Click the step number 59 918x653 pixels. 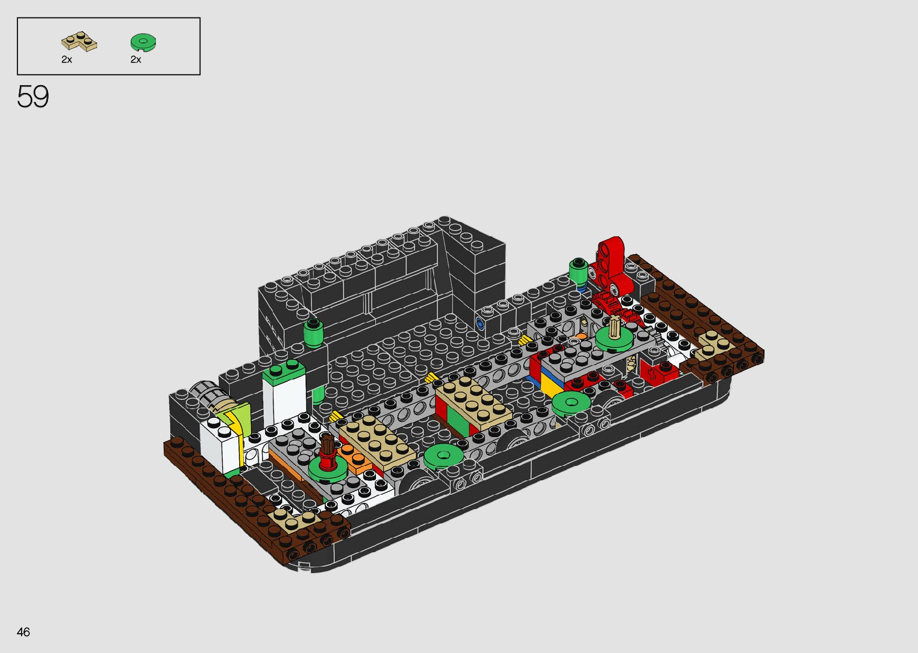coord(33,97)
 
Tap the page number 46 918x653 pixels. coord(23,631)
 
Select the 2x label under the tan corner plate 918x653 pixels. coord(67,59)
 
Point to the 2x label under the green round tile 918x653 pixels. coord(136,59)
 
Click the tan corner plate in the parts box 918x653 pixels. coord(79,41)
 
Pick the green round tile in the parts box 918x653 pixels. coord(143,42)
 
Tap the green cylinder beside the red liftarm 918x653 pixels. coord(578,271)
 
